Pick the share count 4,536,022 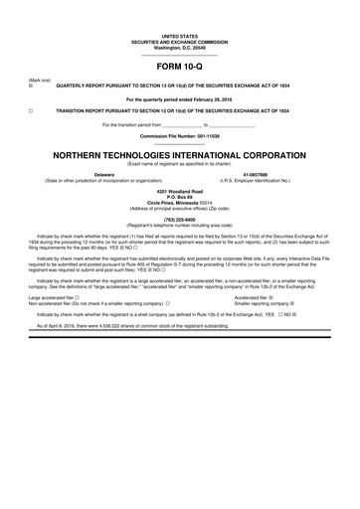coord(117,325)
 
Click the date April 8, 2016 coord(59,325)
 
